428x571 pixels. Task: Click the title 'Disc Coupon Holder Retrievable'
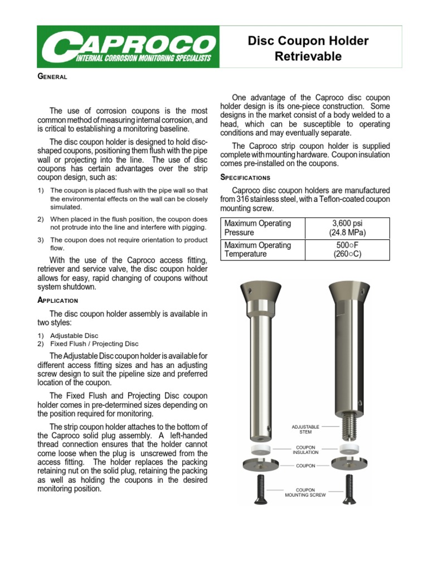coord(308,49)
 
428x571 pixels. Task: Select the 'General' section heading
coord(52,76)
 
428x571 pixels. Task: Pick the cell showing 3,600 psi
coord(349,228)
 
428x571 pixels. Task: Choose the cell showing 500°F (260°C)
coord(349,249)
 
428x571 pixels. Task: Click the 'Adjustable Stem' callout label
coord(305,429)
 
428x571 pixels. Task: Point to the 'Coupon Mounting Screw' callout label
coord(305,492)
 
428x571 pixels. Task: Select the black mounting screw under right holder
coord(349,489)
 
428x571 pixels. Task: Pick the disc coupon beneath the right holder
coord(349,463)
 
